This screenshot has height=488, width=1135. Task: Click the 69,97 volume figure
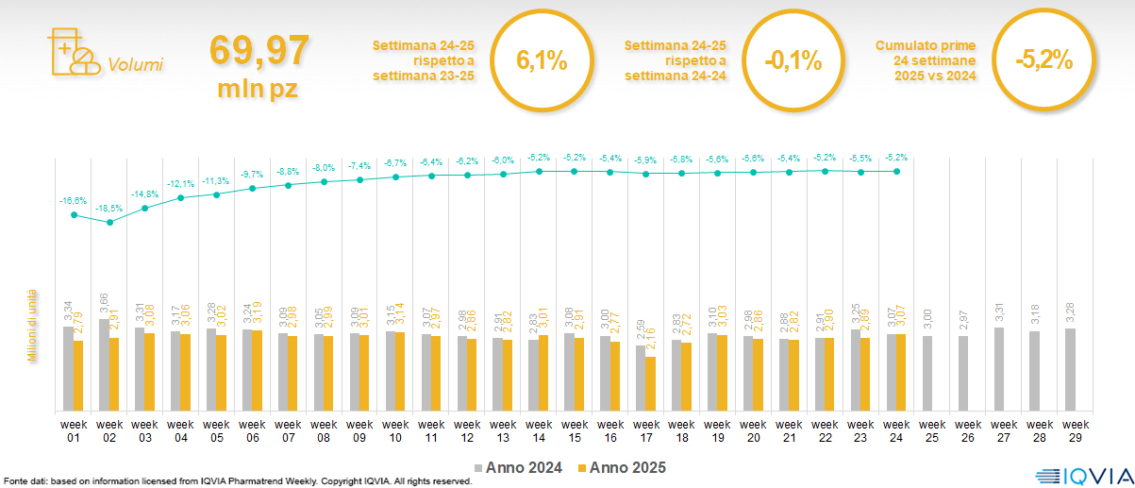point(258,50)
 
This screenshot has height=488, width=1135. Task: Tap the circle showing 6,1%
point(542,60)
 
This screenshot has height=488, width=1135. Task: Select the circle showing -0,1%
point(793,60)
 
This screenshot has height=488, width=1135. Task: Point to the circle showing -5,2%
point(1044,60)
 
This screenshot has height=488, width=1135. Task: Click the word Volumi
point(136,65)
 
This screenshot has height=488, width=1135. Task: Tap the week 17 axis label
point(645,430)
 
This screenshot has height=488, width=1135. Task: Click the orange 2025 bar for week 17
point(651,384)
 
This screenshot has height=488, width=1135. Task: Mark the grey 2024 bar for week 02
point(104,365)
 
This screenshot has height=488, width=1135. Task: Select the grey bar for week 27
point(998,369)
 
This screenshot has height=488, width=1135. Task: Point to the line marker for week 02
point(109,223)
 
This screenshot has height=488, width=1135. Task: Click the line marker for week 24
point(896,171)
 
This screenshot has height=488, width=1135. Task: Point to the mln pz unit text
point(258,90)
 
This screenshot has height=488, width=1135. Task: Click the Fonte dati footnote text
point(236,481)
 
